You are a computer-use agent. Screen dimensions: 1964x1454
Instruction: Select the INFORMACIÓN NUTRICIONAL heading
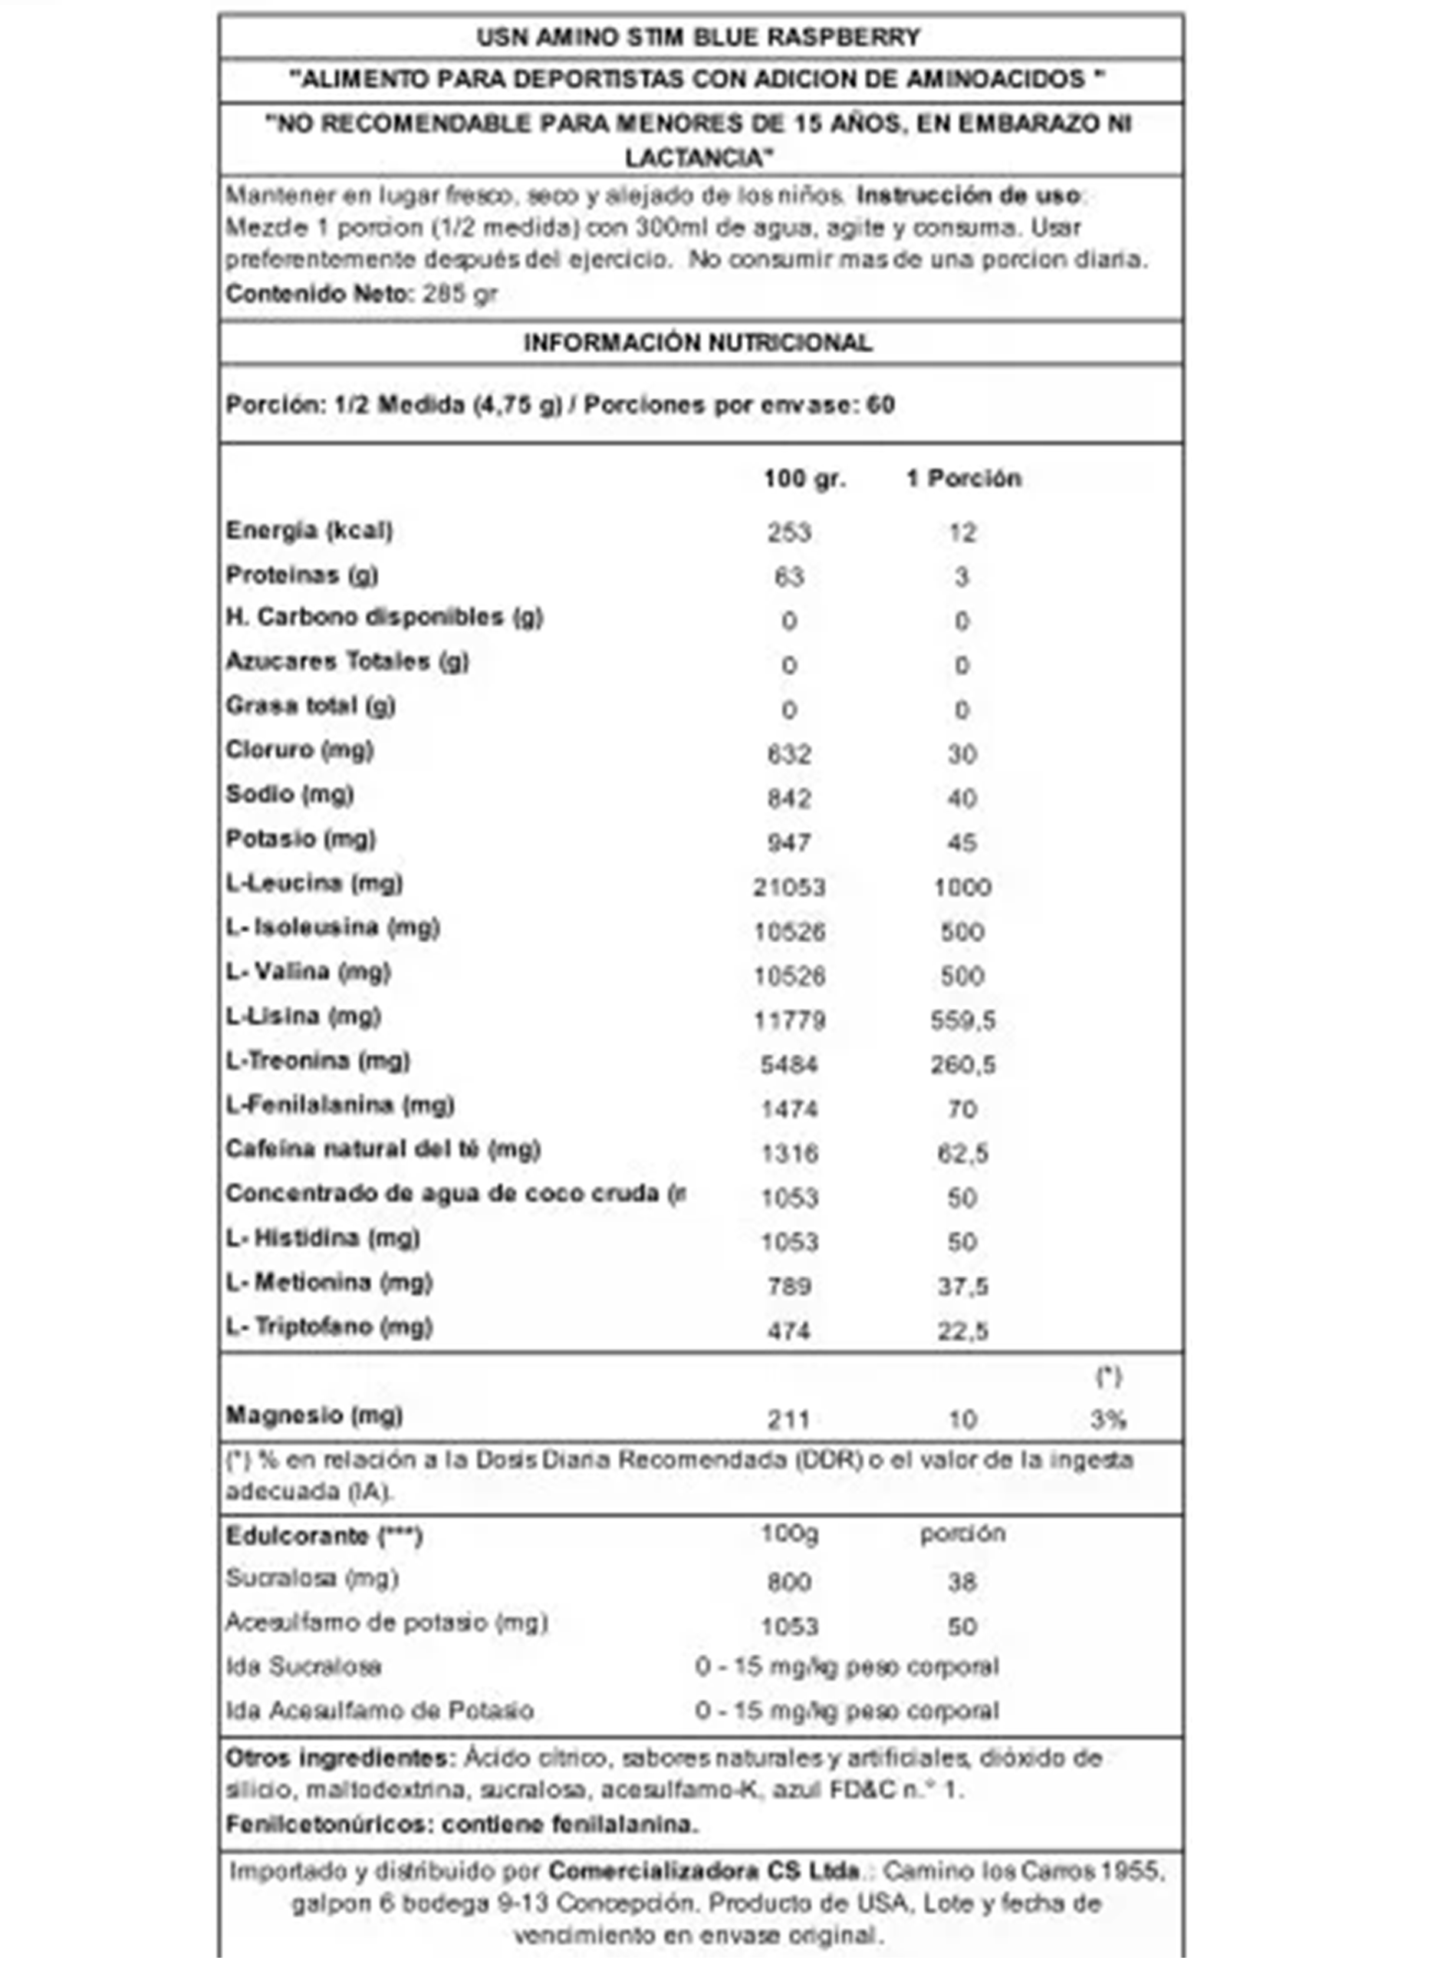[698, 342]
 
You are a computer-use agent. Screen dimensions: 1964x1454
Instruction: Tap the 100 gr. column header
[804, 479]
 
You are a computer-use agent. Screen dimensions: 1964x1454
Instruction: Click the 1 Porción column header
[964, 479]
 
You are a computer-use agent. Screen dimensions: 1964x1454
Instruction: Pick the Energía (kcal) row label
[309, 531]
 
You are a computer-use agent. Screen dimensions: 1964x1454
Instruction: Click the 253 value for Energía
[788, 532]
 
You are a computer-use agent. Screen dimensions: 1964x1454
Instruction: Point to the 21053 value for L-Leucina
[788, 888]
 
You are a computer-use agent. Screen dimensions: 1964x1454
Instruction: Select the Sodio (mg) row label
[290, 794]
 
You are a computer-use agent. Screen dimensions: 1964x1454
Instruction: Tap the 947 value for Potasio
[788, 843]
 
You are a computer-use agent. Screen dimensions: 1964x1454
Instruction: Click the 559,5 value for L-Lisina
[963, 1021]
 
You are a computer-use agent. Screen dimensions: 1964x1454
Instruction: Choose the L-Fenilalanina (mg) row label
[340, 1105]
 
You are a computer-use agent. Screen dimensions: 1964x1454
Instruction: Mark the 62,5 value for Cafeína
[963, 1154]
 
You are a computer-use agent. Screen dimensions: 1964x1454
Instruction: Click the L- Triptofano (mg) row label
[329, 1326]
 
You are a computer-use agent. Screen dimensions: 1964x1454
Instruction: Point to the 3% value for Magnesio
[1108, 1420]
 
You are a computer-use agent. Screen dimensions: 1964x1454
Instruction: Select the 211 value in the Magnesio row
[788, 1420]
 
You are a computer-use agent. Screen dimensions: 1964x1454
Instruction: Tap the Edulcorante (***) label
[324, 1536]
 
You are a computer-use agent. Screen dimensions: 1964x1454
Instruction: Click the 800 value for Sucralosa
[788, 1583]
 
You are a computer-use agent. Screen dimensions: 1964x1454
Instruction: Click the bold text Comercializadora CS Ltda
[704, 1870]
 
